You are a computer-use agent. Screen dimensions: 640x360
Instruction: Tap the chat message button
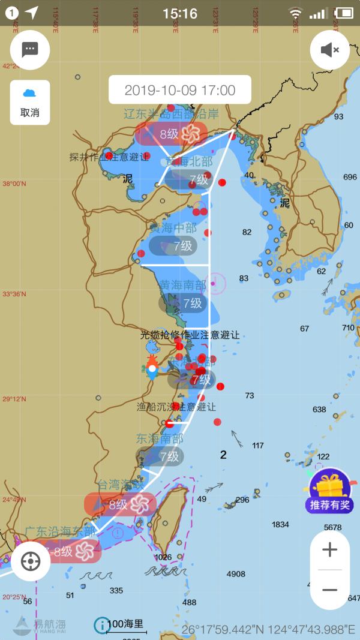(30, 49)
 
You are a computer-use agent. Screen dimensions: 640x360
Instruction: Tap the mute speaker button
(329, 50)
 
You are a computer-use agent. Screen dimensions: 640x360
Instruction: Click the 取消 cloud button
(30, 102)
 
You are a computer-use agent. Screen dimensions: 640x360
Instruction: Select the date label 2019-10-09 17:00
(180, 91)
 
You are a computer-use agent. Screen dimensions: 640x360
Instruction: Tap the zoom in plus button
(329, 549)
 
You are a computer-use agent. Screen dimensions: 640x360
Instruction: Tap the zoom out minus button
(329, 590)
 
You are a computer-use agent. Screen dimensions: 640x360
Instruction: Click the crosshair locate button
(31, 561)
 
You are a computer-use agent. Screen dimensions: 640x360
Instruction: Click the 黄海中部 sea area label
(173, 228)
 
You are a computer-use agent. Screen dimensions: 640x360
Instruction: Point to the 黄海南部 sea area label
(182, 285)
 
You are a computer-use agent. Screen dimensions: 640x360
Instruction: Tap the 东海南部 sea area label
(160, 439)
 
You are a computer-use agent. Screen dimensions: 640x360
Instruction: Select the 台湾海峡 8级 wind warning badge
(120, 504)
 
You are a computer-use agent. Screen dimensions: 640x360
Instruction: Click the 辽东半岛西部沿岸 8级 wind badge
(171, 134)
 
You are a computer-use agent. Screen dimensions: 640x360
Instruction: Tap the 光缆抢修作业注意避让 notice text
(190, 335)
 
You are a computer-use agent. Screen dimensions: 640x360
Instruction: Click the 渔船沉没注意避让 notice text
(176, 407)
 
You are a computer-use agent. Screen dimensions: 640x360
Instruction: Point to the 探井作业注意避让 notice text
(109, 157)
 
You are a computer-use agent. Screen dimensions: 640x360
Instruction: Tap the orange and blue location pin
(152, 368)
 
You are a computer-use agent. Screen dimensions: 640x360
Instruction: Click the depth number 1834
(280, 524)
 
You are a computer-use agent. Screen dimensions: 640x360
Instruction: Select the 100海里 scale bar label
(125, 624)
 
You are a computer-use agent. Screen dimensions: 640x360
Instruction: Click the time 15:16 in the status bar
(180, 13)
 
